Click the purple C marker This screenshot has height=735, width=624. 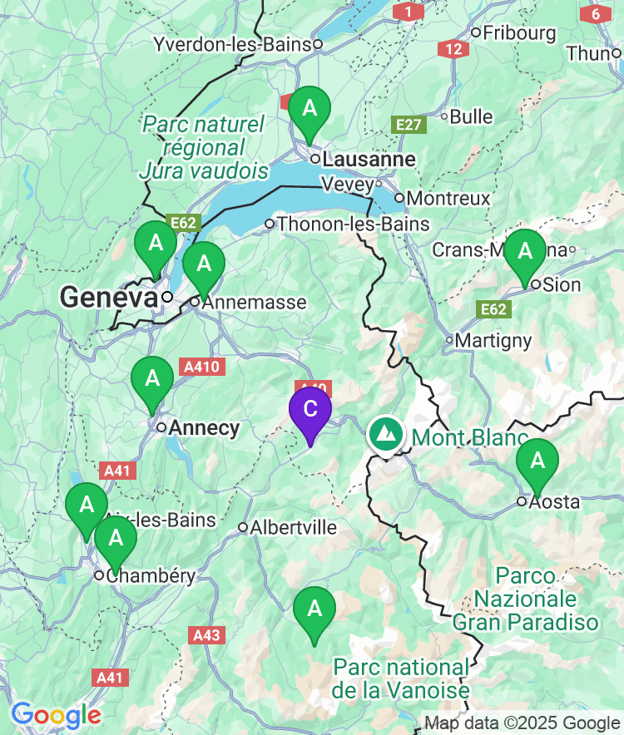point(310,410)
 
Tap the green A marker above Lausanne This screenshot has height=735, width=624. point(310,109)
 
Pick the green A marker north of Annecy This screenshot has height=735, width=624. point(152,379)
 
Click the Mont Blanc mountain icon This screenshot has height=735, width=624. point(384,434)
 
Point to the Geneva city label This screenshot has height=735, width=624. point(108,297)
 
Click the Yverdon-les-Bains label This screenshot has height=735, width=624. point(232,45)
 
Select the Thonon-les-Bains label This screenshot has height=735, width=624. point(353,224)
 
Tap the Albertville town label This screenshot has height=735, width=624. point(294,528)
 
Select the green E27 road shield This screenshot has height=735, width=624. point(409,125)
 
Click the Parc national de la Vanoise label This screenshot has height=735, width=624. point(400,678)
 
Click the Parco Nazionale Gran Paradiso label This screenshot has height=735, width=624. point(525,599)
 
